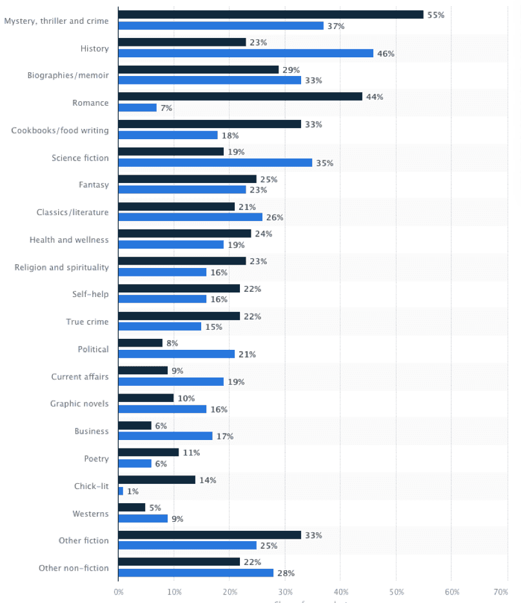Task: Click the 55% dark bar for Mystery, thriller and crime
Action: (271, 14)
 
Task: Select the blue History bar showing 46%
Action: (246, 53)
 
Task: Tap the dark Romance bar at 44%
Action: (240, 97)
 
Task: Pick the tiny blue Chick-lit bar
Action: (121, 491)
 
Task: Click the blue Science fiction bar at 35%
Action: (215, 162)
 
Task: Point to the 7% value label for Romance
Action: (166, 108)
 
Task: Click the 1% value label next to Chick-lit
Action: (133, 492)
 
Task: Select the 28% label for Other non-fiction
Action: (286, 573)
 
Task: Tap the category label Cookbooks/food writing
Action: (60, 130)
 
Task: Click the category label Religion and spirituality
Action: (62, 267)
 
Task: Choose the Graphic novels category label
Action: (79, 404)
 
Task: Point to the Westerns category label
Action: (91, 513)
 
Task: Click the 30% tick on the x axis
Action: (285, 591)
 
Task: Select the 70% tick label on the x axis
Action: (500, 591)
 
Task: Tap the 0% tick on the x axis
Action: (119, 591)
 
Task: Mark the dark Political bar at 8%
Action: (141, 343)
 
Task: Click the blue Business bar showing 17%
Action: (165, 436)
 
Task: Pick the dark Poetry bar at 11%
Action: (148, 452)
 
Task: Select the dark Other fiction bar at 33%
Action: (210, 535)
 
